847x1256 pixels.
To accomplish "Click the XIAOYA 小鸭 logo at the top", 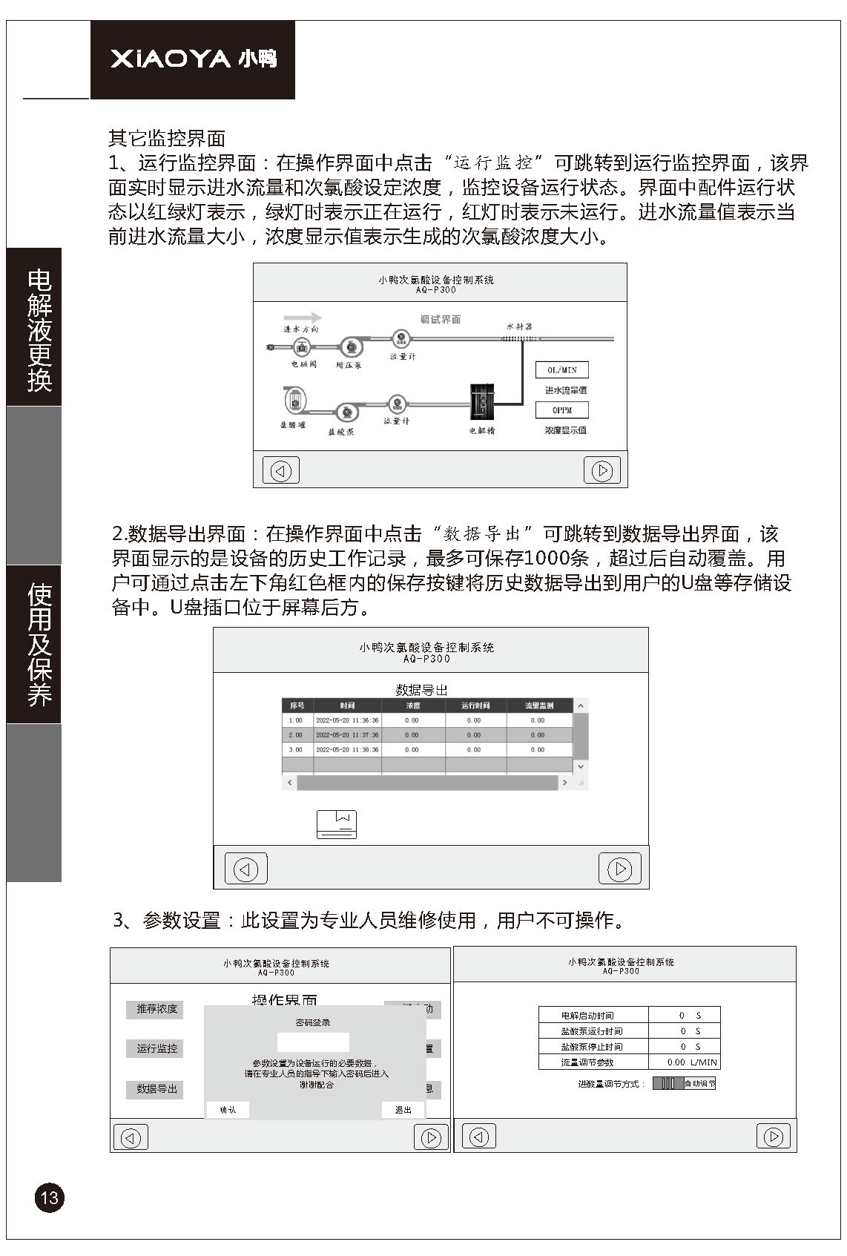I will click(193, 59).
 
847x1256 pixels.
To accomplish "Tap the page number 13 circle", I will click(49, 1197).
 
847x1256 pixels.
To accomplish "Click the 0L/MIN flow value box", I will click(562, 370).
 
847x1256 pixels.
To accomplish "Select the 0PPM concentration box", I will click(562, 410).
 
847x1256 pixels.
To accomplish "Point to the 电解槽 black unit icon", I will click(483, 403).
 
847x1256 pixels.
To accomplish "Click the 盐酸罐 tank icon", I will click(294, 401).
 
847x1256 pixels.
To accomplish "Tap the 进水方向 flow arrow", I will click(303, 318).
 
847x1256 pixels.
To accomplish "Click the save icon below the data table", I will click(337, 824).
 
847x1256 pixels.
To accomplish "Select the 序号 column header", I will click(297, 706).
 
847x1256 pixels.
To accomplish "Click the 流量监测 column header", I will click(539, 706).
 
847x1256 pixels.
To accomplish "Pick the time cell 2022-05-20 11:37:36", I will click(347, 735).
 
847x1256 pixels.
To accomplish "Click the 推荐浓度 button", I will click(156, 1009).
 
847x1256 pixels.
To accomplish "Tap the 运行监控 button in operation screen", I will click(156, 1049).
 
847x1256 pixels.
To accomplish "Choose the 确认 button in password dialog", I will click(228, 1110).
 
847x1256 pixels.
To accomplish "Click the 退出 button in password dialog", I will click(403, 1110).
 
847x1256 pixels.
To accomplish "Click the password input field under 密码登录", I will click(313, 1042).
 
